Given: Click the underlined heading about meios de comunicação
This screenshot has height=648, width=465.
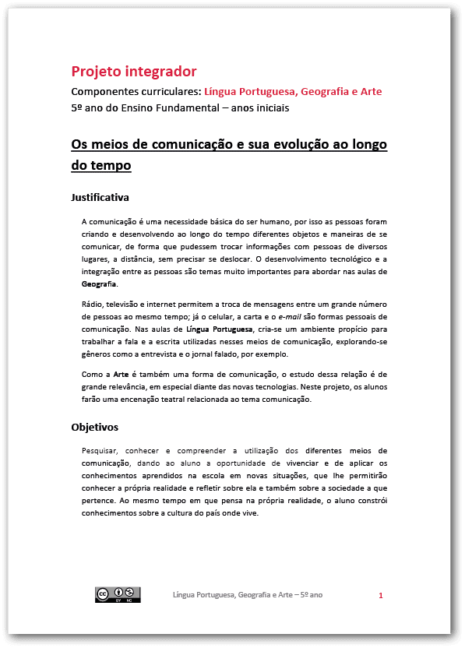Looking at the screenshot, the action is pos(229,154).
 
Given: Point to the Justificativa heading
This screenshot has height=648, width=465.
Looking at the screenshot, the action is pos(100,197).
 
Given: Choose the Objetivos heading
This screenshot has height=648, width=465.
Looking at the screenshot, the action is pos(96,427).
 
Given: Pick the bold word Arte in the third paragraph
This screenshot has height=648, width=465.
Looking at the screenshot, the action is pos(120,374).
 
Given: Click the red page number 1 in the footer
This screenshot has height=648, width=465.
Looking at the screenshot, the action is pos(381,596).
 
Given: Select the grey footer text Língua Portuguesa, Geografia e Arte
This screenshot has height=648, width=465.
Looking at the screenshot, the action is pos(248,595).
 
